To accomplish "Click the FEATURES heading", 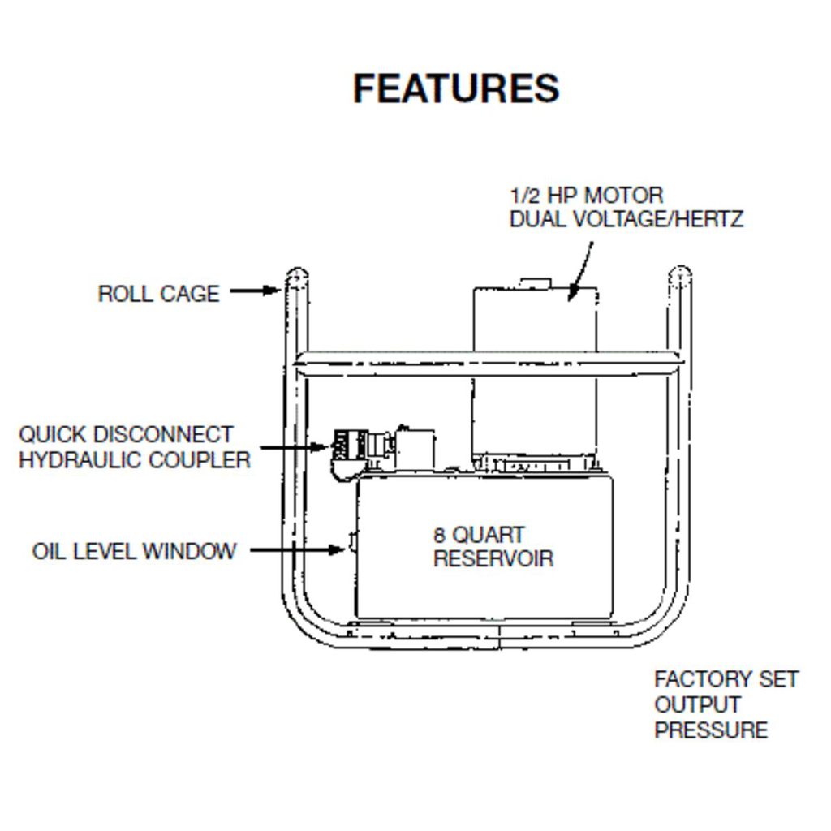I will coord(456,88).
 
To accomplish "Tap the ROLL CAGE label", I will coord(158,294).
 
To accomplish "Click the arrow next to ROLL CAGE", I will coord(255,291).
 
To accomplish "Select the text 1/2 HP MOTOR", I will coord(586,196).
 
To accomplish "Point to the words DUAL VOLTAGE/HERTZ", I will coord(626,219).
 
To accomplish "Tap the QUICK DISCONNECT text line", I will coord(126,435).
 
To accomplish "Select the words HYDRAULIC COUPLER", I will coord(135,460).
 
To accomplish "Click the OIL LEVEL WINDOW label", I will coord(135,552).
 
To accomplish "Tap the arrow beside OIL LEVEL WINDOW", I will coord(299,550).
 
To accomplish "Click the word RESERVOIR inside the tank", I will coord(493,559).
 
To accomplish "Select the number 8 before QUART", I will coord(440,536).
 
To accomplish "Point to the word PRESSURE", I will coord(711,730).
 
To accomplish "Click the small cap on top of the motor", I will coord(535,282).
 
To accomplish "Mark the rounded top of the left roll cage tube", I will coord(296,274).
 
